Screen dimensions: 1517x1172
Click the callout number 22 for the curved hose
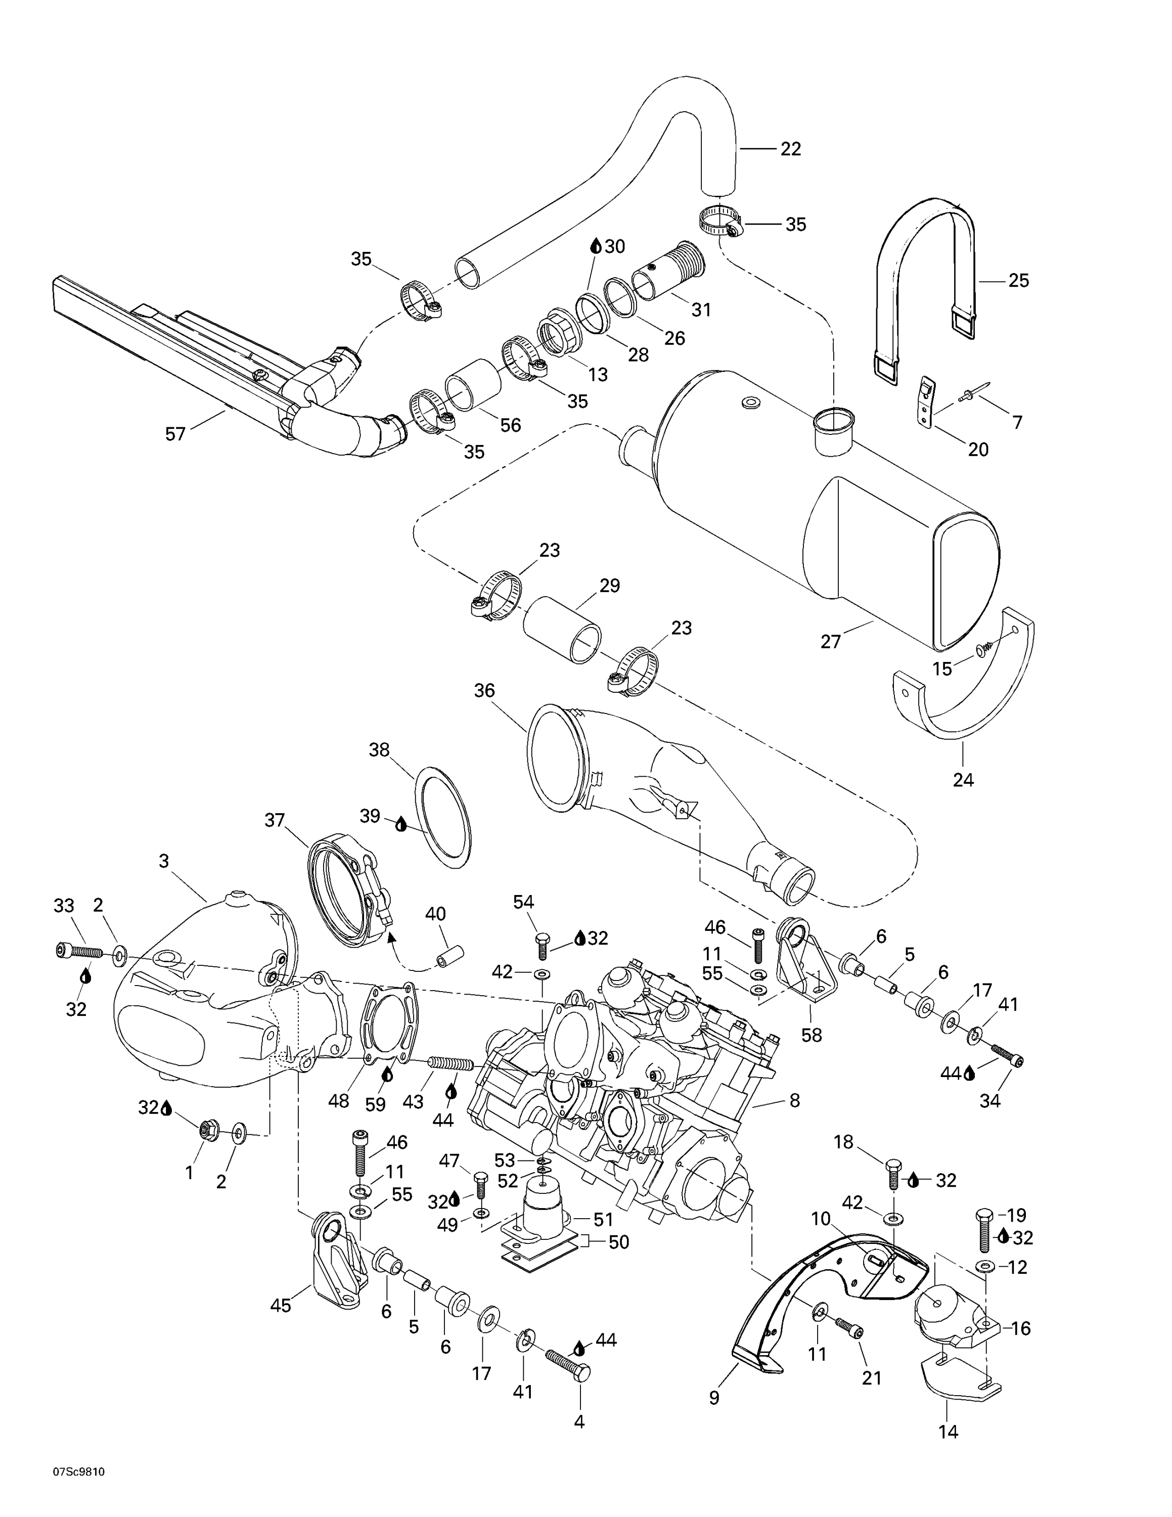(790, 149)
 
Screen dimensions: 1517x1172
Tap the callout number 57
(175, 434)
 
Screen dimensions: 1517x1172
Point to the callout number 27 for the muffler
(830, 642)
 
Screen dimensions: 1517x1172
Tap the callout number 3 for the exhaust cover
(164, 861)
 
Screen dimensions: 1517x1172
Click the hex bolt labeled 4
(568, 1356)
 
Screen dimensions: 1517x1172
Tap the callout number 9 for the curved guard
(714, 1398)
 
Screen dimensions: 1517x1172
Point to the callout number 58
(811, 1035)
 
